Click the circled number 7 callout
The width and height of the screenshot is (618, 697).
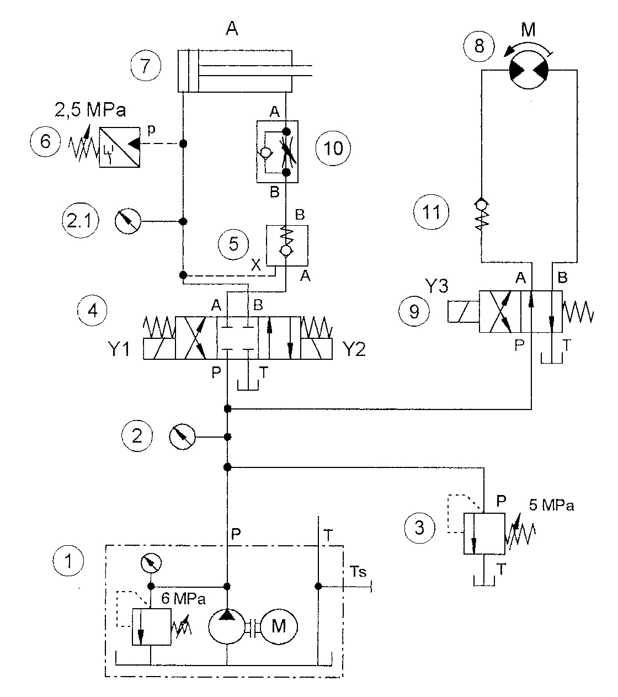(x=146, y=65)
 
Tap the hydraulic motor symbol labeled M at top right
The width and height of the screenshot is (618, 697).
(x=528, y=70)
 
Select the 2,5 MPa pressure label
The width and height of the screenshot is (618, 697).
(x=90, y=110)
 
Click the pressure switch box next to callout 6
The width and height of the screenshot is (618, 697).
(x=119, y=147)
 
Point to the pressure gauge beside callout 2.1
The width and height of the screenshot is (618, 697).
(x=128, y=221)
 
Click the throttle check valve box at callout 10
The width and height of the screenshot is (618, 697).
(x=278, y=151)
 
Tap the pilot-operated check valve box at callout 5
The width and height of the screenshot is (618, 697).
(x=287, y=245)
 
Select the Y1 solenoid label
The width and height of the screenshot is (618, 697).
(x=119, y=349)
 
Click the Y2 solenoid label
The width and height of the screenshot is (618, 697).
(x=354, y=349)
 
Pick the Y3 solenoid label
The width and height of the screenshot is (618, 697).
(x=436, y=285)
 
